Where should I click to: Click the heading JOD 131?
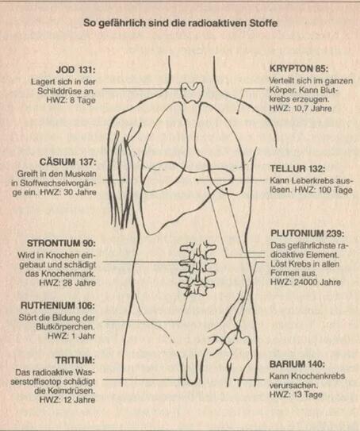click(75, 70)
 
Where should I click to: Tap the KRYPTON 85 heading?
click(299, 68)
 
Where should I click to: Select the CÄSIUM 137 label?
click(68, 162)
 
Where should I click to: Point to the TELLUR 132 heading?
click(297, 168)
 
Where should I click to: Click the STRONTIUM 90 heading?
click(61, 244)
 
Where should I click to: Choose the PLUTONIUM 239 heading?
click(308, 233)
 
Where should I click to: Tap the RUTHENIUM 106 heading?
click(58, 306)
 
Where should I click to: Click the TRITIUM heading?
click(75, 360)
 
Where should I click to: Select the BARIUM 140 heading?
click(297, 364)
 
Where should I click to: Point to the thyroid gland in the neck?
click(192, 93)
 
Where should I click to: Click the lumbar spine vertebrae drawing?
click(197, 267)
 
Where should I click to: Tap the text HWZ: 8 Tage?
click(71, 100)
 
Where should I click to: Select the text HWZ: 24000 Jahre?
click(305, 282)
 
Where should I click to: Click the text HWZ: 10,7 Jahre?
click(301, 108)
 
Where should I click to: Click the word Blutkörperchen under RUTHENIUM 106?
click(65, 327)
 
